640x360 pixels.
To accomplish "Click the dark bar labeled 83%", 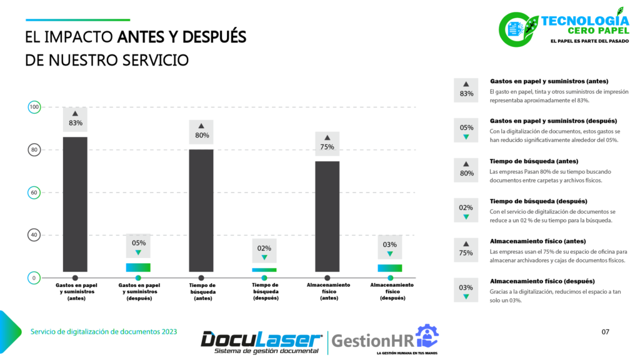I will tap(75, 204).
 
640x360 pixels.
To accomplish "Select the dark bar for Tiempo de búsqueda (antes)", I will tap(201, 210).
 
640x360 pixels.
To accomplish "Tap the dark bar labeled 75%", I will tap(327, 216).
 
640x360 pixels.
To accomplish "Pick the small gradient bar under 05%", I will tap(138, 267).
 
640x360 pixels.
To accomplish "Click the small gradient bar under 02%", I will tap(264, 270).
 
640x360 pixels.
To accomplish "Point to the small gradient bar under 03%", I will tap(390, 268).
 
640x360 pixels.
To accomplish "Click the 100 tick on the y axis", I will tap(34, 107).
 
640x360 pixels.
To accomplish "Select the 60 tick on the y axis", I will tap(34, 192).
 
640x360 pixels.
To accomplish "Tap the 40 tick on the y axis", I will tap(34, 235).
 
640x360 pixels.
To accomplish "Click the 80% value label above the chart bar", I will tap(201, 135).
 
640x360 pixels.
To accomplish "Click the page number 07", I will tap(605, 331).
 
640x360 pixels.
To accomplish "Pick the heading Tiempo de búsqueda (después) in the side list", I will tap(538, 201).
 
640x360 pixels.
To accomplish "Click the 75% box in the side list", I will tap(466, 248).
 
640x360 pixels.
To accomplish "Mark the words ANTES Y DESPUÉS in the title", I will tap(182, 37).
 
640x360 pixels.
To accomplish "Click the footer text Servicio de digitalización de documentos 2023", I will tap(104, 331).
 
